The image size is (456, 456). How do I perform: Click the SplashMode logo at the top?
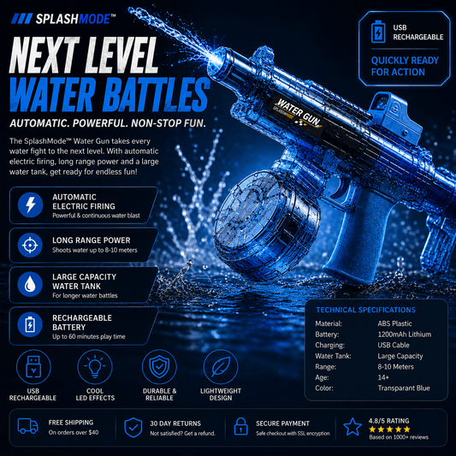(63, 19)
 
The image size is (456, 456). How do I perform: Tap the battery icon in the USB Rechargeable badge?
(378, 32)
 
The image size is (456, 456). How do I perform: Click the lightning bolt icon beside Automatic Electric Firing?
(30, 204)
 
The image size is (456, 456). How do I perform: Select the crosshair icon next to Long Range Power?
(30, 246)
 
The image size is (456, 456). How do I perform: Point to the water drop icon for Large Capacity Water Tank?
(30, 284)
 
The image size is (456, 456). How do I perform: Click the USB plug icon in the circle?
(33, 367)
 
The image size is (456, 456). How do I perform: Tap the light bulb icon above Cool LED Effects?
(95, 367)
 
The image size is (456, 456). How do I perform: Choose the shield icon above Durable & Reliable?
(159, 367)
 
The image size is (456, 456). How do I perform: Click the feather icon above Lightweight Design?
(221, 367)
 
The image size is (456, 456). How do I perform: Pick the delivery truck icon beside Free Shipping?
(28, 426)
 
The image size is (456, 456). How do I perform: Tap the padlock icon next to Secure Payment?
(240, 426)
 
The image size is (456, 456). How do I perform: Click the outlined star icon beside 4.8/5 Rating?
(352, 427)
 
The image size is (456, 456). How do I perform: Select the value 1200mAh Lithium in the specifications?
(404, 335)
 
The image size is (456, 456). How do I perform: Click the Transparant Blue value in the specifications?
(404, 388)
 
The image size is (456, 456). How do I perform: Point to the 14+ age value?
(383, 377)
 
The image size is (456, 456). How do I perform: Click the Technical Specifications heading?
(365, 310)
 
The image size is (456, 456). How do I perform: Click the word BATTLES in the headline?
(157, 94)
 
